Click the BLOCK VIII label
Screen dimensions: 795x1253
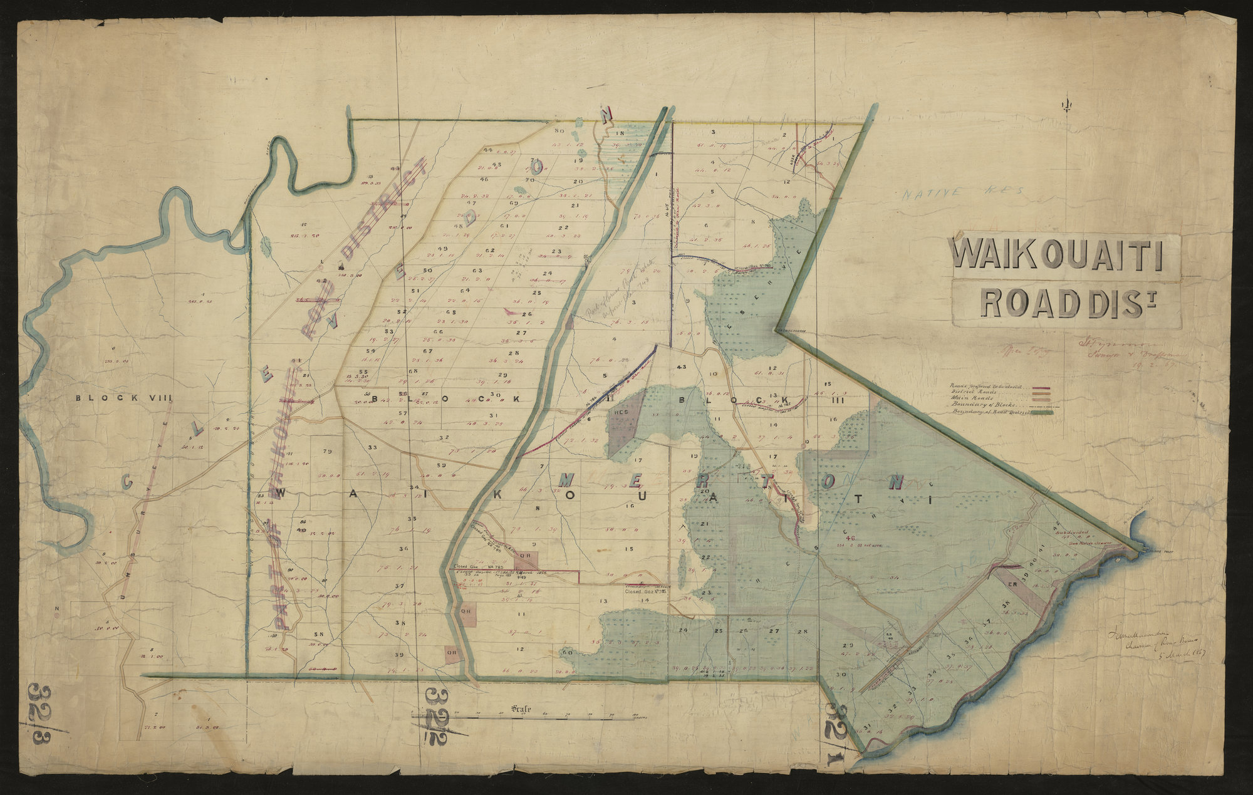point(124,397)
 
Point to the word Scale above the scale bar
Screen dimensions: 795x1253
point(521,709)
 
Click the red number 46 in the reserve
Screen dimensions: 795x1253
point(850,538)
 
